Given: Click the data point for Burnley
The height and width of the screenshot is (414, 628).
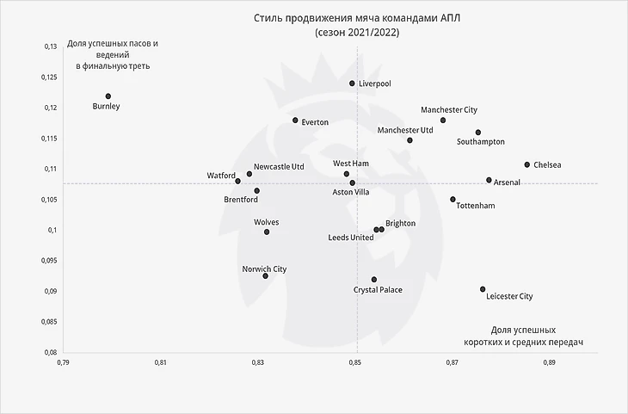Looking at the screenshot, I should tap(108, 96).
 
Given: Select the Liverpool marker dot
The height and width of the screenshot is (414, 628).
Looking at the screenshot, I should tap(352, 83).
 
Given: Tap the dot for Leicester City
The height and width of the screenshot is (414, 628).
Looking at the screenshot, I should tap(483, 289).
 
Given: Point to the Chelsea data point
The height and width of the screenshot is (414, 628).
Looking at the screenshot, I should tap(527, 164).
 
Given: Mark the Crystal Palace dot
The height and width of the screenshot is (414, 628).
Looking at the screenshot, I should tap(374, 280).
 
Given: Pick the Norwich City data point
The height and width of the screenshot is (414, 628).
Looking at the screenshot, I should tap(266, 275).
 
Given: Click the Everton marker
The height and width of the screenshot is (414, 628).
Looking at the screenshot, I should tap(295, 120).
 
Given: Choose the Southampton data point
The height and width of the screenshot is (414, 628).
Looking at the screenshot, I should tap(478, 133).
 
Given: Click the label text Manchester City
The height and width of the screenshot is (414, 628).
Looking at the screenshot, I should tap(448, 110).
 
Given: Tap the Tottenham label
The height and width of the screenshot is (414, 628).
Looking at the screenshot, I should tap(476, 207).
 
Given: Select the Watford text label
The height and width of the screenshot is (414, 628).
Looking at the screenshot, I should tap(221, 176).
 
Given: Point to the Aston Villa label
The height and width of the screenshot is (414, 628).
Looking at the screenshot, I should tap(351, 192).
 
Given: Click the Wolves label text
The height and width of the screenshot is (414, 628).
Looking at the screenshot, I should tap(267, 222).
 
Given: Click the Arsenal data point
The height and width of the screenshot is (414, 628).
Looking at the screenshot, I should tap(489, 180).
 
